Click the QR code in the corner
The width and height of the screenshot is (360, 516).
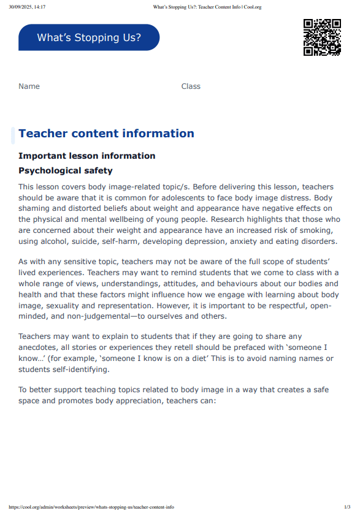(322, 37)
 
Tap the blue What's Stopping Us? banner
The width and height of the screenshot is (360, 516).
(89, 37)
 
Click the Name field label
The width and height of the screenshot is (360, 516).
(29, 86)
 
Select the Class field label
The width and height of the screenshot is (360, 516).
(191, 86)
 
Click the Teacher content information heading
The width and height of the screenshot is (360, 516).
(106, 134)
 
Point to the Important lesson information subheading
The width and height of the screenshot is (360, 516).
(86, 156)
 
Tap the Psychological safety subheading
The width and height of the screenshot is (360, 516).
(66, 170)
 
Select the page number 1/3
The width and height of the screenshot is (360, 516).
(347, 507)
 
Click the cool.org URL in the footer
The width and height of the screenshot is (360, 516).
(91, 507)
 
